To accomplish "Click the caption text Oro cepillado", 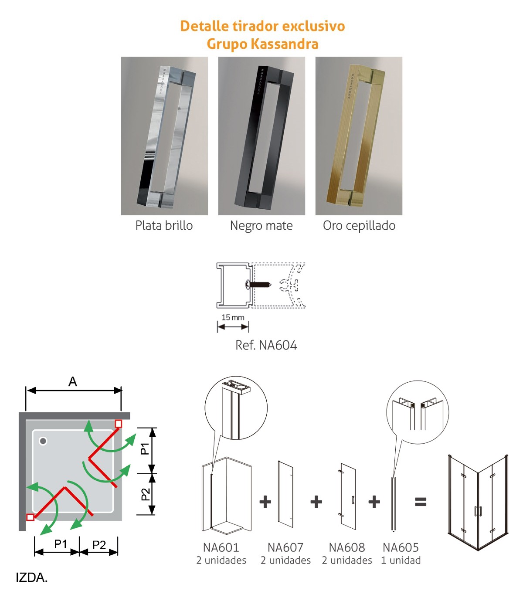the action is coord(359,226).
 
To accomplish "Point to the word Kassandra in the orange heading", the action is coord(285,44).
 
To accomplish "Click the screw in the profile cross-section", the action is coord(258,284).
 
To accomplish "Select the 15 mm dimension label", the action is coord(233,317).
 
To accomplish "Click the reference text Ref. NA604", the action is coord(266,345).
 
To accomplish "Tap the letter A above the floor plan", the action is coord(72,382).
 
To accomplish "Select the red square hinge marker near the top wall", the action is coord(119,424).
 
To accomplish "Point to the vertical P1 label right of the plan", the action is coord(145,448).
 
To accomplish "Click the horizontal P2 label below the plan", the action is coord(99,545).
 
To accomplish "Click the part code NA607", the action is coord(285,547).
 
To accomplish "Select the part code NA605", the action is coord(401,547).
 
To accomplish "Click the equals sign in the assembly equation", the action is coord(421,502).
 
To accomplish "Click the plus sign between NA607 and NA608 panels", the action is coord(316,502).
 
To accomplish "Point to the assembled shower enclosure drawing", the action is coord(478,502).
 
